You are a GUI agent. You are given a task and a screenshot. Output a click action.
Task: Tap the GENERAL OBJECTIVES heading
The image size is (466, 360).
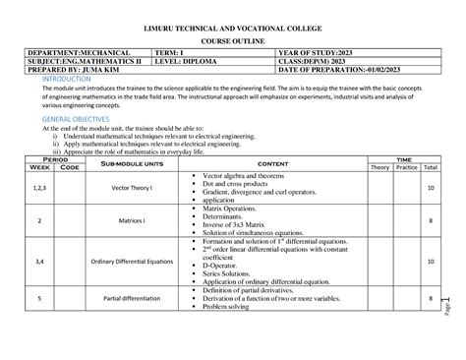[70, 118]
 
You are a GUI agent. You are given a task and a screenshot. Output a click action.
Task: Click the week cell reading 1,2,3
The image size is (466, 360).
[40, 187]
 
